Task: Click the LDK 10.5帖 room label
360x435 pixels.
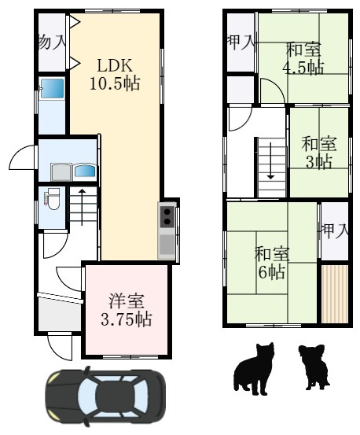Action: (115, 75)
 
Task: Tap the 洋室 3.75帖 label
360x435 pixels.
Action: (126, 310)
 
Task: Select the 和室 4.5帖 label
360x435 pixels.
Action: (303, 58)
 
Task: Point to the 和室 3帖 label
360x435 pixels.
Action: (319, 153)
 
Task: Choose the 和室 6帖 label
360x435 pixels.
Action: (272, 263)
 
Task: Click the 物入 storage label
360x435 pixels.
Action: (52, 42)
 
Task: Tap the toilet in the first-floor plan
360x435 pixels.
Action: (52, 199)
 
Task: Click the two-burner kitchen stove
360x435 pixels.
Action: (167, 216)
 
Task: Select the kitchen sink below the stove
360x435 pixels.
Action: (167, 245)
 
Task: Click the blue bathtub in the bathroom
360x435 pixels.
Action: (53, 88)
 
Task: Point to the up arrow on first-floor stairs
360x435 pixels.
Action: (83, 207)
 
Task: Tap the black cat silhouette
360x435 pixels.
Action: (255, 368)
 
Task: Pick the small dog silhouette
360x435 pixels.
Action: (314, 367)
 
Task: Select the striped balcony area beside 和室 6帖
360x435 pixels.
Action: (335, 293)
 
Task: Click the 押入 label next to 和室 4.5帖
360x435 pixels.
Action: (241, 42)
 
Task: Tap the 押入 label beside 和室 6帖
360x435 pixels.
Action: (335, 230)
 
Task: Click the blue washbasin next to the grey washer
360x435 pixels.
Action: (85, 171)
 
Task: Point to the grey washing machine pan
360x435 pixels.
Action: (61, 172)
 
